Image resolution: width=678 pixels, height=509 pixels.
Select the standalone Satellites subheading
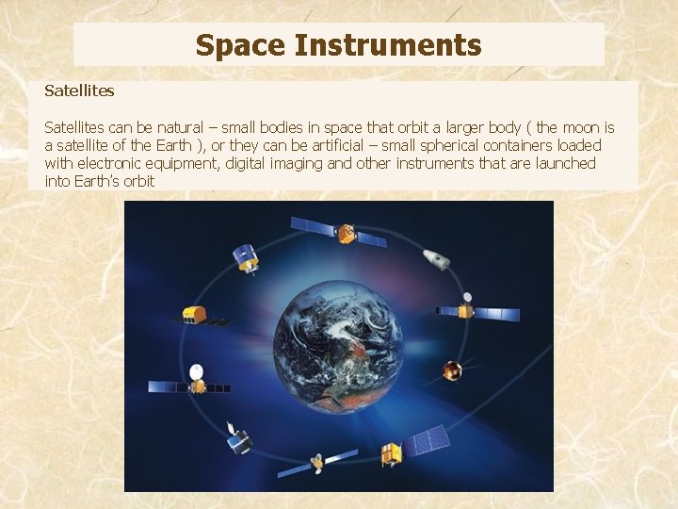tap(79, 91)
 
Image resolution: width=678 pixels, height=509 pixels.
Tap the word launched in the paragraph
tap(567, 163)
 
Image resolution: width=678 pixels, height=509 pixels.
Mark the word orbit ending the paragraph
tap(137, 181)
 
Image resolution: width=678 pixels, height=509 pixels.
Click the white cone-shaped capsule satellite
tap(434, 257)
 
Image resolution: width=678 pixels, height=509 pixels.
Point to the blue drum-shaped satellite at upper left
tap(246, 256)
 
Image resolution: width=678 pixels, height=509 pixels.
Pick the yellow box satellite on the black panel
tap(195, 313)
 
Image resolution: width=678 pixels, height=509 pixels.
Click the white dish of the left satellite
tap(196, 371)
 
